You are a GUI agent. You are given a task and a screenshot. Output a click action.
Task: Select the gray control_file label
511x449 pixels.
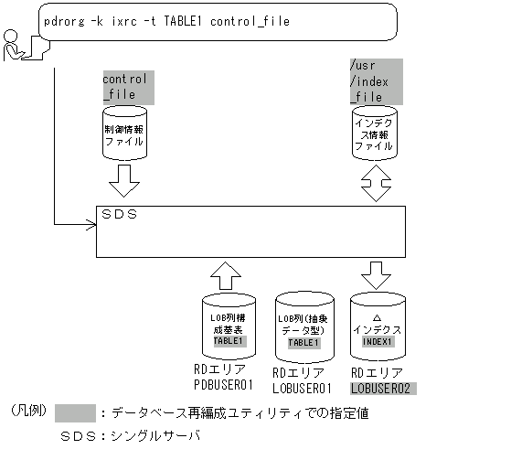(x=128, y=86)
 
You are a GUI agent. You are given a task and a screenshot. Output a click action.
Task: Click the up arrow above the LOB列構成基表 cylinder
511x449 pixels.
(x=228, y=272)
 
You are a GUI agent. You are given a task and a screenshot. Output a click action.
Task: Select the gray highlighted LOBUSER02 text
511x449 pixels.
(x=382, y=388)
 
